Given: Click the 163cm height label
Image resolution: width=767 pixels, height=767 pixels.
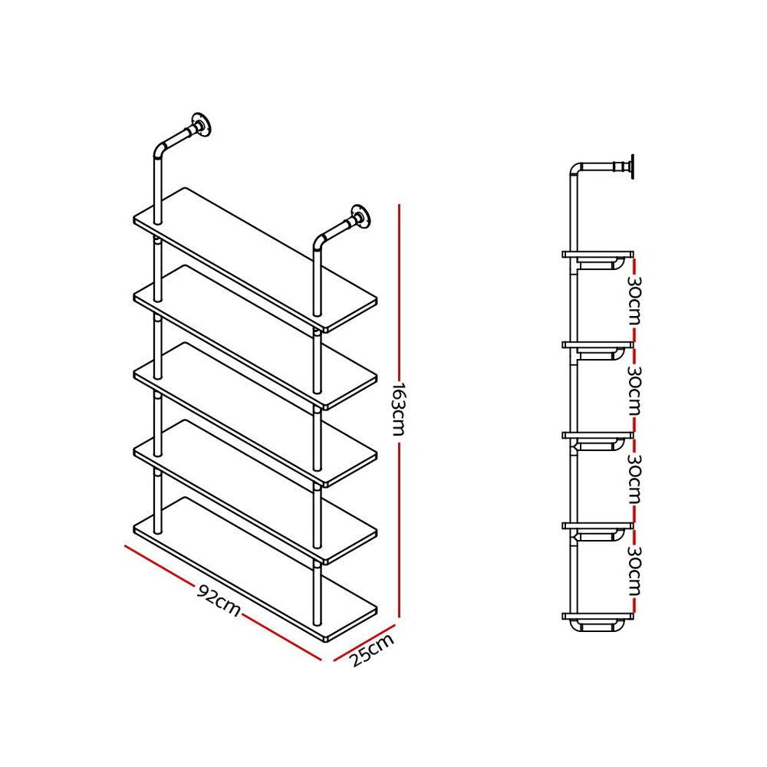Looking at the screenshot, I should point(397,409).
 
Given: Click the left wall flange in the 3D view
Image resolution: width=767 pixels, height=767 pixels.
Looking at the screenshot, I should point(202,124).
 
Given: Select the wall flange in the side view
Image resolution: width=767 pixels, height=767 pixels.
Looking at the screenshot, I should point(630,166).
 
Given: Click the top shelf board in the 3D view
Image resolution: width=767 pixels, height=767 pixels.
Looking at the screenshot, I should point(255,258).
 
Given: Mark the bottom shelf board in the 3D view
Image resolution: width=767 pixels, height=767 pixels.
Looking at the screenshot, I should point(255,567).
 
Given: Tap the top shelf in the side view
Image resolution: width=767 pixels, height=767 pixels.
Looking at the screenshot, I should point(598,253).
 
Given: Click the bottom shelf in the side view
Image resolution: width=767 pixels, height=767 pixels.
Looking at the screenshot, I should point(598,615).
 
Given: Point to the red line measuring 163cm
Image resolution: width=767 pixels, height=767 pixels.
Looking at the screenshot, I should point(399,307).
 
